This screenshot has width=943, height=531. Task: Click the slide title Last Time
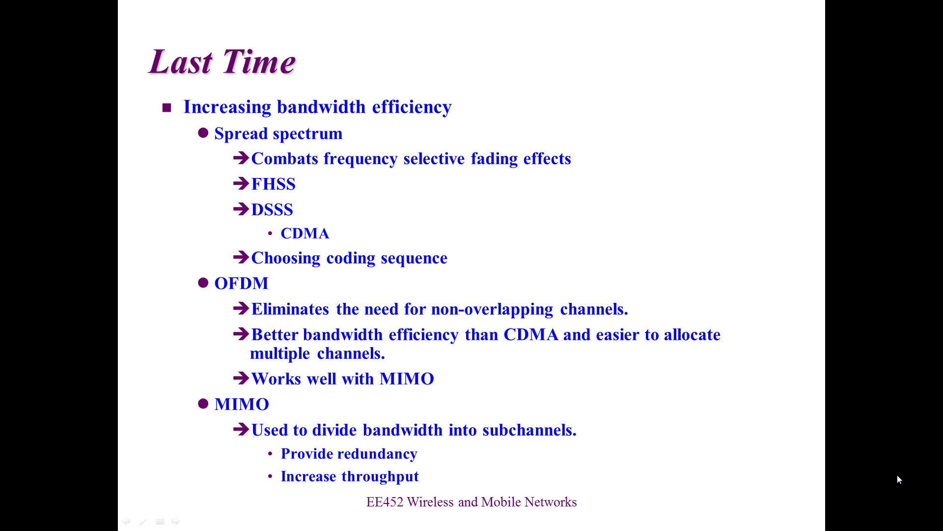(222, 62)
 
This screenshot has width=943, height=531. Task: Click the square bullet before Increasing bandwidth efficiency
(166, 108)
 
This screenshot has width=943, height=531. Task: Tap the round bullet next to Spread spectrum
(203, 133)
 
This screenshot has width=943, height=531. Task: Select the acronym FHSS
(273, 184)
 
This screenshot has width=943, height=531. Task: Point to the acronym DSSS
(272, 209)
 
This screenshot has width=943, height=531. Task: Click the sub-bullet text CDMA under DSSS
(305, 233)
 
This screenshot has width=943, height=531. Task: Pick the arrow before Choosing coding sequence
(241, 257)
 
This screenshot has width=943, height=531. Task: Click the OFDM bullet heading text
(242, 283)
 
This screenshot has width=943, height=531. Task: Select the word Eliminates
(290, 309)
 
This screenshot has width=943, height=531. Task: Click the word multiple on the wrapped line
(280, 354)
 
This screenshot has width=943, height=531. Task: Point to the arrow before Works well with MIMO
(241, 378)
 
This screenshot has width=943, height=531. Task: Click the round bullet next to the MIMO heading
(203, 404)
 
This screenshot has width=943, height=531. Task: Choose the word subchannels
(529, 430)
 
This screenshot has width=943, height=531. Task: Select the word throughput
(380, 476)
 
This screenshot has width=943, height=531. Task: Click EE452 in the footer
(385, 502)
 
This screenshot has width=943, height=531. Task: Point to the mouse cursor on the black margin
(899, 480)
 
